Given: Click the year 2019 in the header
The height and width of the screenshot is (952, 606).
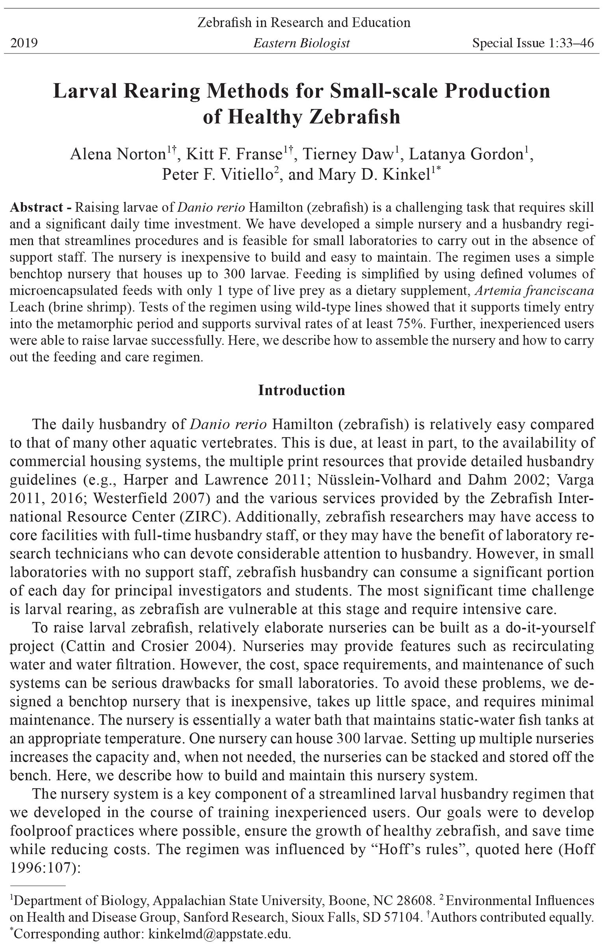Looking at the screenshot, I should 24,43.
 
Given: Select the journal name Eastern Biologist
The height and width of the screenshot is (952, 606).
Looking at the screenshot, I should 301,43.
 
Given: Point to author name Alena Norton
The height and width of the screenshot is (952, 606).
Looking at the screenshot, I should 118,154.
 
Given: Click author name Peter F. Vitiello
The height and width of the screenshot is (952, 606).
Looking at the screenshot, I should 217,174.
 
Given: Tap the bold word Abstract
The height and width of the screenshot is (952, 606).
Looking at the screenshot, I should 36,207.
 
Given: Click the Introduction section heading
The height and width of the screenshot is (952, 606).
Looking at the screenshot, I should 301,390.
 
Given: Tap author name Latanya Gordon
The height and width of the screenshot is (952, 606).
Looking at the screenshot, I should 466,154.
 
